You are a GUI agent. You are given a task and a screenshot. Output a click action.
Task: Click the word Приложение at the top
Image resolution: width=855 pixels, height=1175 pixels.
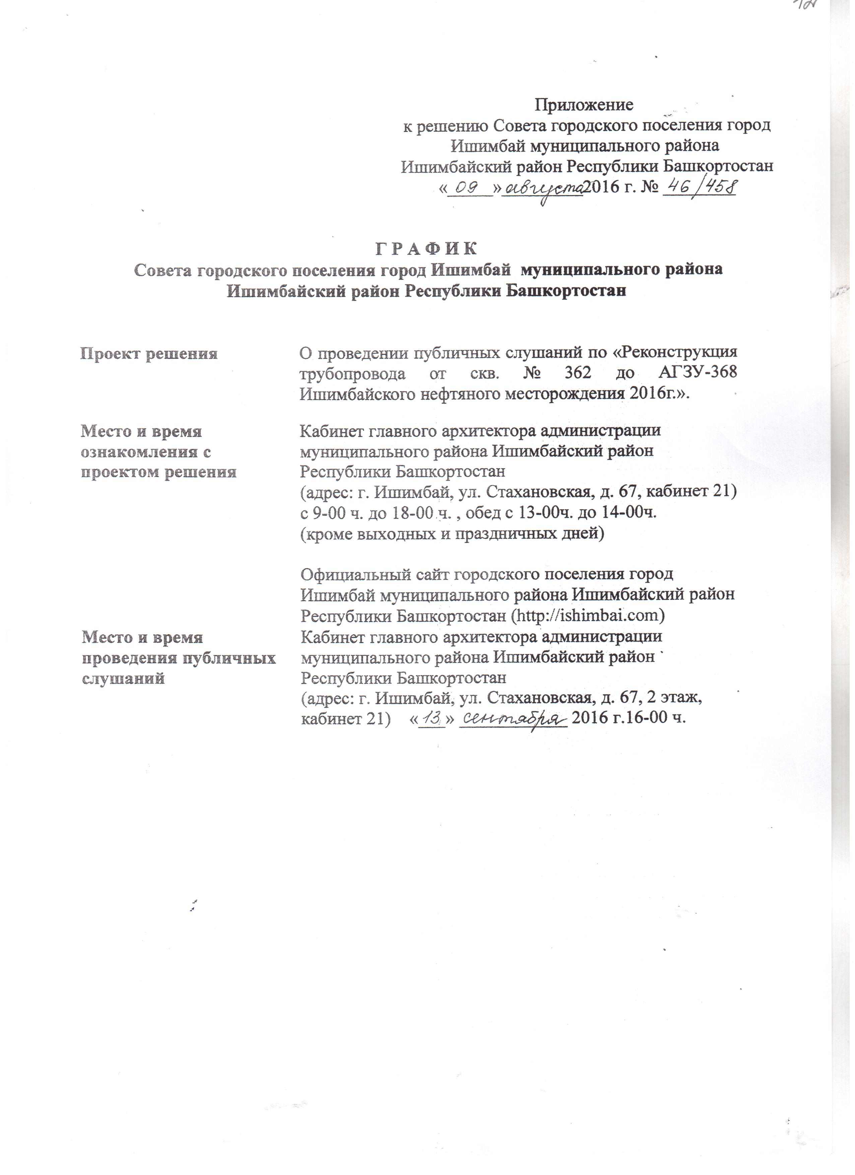pos(584,105)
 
